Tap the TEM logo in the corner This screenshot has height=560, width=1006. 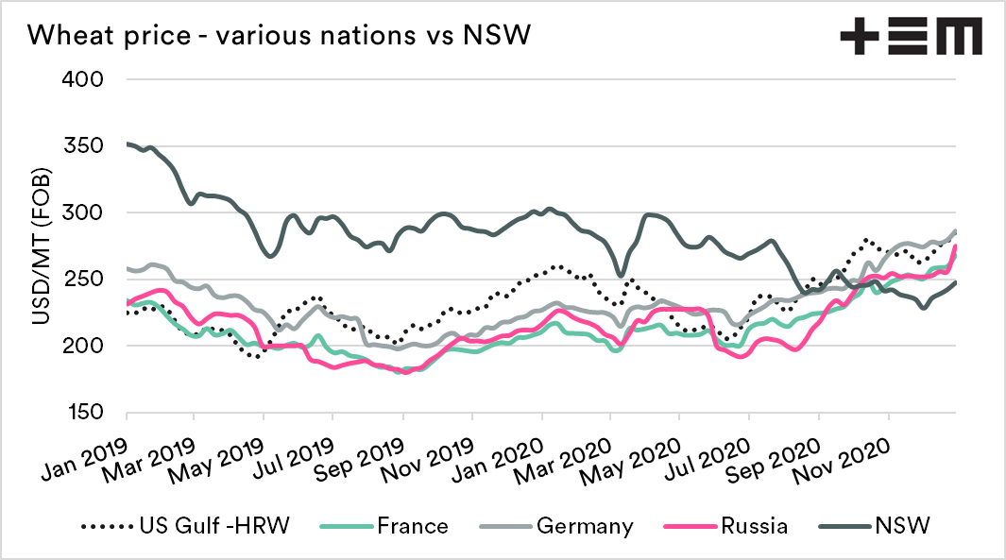pyautogui.click(x=911, y=37)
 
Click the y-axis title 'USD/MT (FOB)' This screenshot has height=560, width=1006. pyautogui.click(x=42, y=247)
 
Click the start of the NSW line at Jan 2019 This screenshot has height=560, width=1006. pyautogui.click(x=128, y=144)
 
